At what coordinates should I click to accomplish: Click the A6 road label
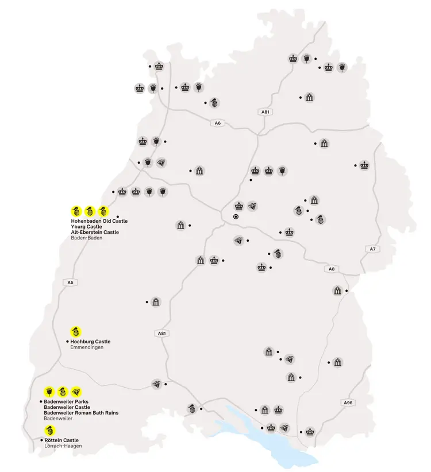click(x=217, y=123)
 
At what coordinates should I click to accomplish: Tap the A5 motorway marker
click(x=71, y=282)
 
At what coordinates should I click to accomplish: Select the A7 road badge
click(x=372, y=249)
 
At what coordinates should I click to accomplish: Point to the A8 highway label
click(x=331, y=269)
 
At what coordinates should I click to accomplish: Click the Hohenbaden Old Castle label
click(x=99, y=220)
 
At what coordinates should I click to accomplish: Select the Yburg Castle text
click(x=86, y=226)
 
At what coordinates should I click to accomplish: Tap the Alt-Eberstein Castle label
click(x=95, y=232)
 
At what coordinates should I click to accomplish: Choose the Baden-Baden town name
click(x=86, y=238)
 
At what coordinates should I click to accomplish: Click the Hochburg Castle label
click(x=90, y=342)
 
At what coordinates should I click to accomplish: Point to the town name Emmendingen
click(x=87, y=347)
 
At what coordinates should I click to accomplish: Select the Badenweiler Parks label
click(x=66, y=401)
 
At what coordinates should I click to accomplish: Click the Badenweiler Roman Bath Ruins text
click(x=81, y=413)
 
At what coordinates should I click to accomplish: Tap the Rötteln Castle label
click(x=61, y=440)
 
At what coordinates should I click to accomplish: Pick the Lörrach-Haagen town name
click(x=63, y=446)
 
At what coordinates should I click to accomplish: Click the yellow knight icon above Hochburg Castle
click(x=75, y=331)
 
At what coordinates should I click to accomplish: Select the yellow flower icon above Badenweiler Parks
click(x=49, y=391)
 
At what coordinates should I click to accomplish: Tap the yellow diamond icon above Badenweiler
click(x=76, y=391)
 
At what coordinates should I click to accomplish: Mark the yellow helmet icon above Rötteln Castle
click(x=49, y=430)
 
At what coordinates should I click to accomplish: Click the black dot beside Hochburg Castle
click(x=67, y=342)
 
